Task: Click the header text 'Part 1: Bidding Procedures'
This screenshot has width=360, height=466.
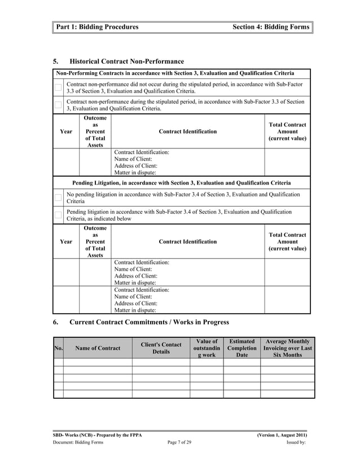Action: (97, 27)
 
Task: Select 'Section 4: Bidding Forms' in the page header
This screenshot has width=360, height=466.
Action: (271, 27)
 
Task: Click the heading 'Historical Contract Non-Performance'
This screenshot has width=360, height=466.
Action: (126, 61)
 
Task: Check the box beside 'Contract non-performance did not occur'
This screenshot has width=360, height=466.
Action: (58, 87)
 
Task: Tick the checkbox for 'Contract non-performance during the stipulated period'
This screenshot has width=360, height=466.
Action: (58, 105)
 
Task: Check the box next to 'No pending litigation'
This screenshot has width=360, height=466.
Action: (58, 197)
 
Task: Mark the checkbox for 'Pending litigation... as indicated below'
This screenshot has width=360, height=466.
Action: (58, 215)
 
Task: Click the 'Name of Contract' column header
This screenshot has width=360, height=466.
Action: (98, 348)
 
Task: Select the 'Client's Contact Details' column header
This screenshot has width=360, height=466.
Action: (161, 348)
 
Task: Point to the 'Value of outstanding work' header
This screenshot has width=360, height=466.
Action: (207, 348)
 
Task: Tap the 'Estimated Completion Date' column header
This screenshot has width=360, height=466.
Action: (242, 348)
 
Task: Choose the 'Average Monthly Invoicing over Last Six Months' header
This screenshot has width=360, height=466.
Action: (287, 348)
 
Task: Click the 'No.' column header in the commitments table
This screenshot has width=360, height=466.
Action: (58, 348)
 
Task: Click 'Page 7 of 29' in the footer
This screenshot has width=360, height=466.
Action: (179, 443)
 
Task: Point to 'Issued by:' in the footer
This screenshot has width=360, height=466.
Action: (296, 443)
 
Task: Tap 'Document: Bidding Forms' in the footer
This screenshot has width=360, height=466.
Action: (78, 443)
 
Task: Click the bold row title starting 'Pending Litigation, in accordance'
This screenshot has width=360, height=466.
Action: (182, 183)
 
